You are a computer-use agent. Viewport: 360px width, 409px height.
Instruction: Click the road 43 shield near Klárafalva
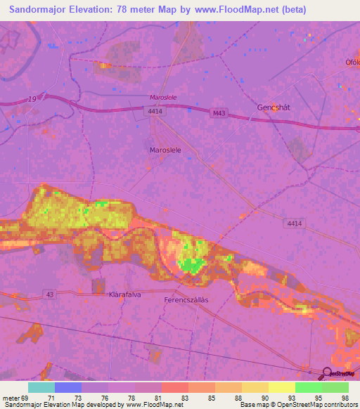[x=48, y=294]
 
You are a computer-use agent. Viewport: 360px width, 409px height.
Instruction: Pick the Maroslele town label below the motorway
[x=166, y=150]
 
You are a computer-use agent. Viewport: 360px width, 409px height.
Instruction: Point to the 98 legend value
[x=344, y=398]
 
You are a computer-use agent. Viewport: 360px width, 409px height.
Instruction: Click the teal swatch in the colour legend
[x=41, y=387]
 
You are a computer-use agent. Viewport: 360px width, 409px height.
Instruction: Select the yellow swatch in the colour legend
[x=281, y=387]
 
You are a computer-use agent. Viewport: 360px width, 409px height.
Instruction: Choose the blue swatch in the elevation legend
[x=68, y=387]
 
